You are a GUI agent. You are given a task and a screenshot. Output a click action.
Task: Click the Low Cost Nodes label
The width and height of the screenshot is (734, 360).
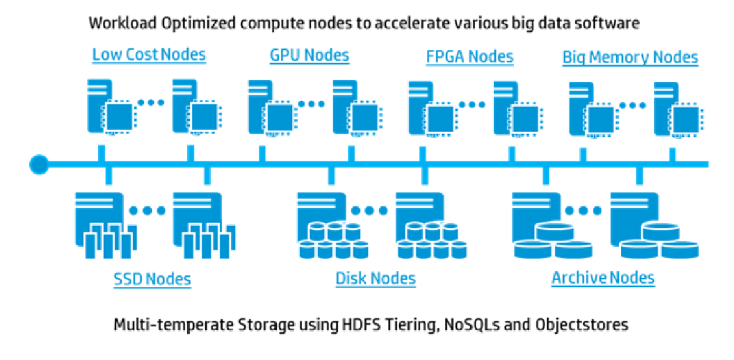point(149,55)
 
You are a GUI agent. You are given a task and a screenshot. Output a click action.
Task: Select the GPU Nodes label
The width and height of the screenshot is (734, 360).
point(310,56)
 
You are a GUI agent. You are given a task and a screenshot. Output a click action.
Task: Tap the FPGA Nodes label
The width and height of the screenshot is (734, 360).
point(470,57)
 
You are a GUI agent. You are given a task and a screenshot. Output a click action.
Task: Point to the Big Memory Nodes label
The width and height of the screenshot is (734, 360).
point(630,58)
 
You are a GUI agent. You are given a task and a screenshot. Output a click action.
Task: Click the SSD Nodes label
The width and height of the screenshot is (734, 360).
point(152,279)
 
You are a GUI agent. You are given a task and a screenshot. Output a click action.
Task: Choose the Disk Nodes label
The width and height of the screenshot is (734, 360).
point(375,279)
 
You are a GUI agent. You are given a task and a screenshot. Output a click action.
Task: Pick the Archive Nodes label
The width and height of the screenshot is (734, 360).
point(603,278)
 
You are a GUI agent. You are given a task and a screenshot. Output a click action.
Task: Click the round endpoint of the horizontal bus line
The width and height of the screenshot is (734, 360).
point(39,165)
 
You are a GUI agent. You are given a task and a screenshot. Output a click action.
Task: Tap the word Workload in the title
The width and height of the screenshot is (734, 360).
point(122,23)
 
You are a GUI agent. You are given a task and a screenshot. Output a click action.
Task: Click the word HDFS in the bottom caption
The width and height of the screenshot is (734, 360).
point(362,325)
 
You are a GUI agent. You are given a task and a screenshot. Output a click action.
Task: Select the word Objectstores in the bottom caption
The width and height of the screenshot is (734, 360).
point(582,325)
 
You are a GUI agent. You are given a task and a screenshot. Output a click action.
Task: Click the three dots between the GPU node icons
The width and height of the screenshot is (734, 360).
point(311,104)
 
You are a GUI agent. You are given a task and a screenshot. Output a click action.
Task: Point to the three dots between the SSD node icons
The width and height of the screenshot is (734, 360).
point(147,211)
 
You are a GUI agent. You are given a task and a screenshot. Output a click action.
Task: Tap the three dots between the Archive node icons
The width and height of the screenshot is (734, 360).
point(583,211)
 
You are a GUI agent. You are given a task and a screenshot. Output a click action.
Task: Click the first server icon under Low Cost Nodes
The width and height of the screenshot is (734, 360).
point(112,107)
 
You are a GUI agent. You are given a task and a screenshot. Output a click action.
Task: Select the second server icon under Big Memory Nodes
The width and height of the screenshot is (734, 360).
point(679,110)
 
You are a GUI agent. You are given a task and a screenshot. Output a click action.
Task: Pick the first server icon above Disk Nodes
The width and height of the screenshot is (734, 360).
point(333,226)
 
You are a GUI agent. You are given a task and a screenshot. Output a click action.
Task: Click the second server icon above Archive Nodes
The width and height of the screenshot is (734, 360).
point(654,225)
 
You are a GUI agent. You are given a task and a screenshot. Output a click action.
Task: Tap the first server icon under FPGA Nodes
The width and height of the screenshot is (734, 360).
point(433,109)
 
